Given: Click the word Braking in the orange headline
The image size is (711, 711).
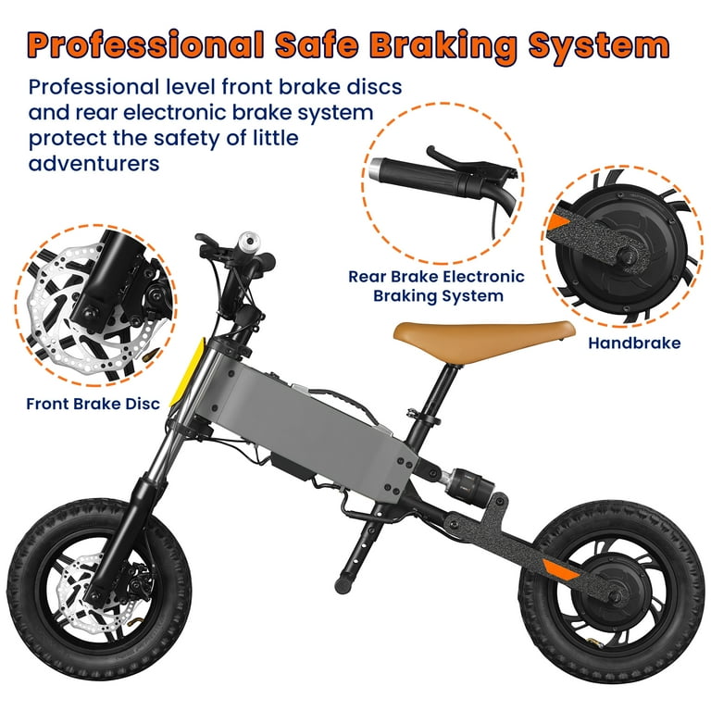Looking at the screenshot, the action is pos(443,46).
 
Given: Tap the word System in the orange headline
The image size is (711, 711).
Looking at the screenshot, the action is pos(599,46).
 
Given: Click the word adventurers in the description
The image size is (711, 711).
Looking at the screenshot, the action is pos(94,163).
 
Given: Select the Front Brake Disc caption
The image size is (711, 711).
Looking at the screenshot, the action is pos(93,404).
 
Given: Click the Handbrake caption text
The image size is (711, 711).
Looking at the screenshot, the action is pos(634,343).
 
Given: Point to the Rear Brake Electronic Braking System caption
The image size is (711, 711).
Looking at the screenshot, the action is pos(436,286).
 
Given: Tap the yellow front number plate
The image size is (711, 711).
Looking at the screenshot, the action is pos(188,372).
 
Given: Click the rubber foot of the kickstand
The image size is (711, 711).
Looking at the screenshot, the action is pos(343,585).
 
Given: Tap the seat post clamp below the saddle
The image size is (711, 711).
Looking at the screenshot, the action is pos(423,417).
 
